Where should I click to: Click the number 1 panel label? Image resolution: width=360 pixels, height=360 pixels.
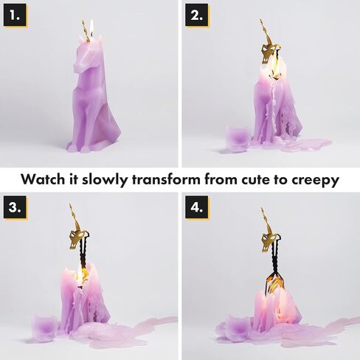pyautogui.click(x=15, y=15)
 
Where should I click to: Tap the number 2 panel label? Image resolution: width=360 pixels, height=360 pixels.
pyautogui.click(x=197, y=15)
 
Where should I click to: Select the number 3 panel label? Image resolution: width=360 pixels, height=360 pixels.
pyautogui.click(x=15, y=207)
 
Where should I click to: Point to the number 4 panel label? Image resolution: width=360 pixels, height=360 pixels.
pyautogui.click(x=197, y=207)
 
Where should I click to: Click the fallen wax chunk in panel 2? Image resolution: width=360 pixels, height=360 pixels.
pyautogui.click(x=238, y=138)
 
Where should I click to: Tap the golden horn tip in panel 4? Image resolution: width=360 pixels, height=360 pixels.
pyautogui.click(x=262, y=209)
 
